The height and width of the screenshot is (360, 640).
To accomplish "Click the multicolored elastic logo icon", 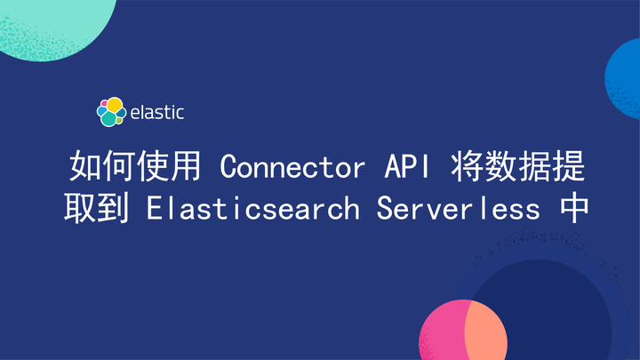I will click(110, 112).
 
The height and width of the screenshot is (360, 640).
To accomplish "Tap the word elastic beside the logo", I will click(157, 113).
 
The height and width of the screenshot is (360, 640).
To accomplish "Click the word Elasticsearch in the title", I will click(253, 210).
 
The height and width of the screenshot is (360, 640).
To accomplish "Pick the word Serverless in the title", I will click(457, 210).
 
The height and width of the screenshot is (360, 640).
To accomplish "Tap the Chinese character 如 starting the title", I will click(85, 166).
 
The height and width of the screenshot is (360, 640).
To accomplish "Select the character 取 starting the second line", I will click(78, 210).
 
